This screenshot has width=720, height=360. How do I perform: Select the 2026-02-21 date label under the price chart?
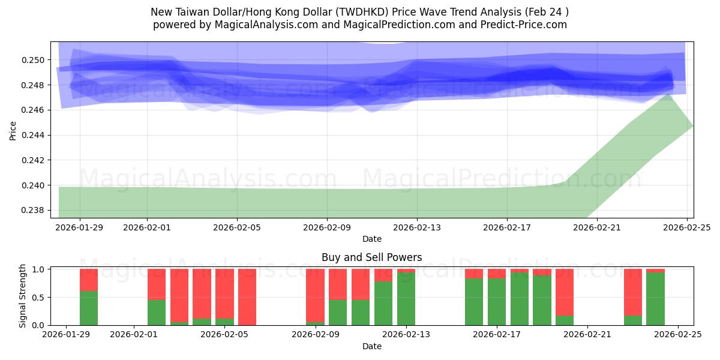coord(596,227)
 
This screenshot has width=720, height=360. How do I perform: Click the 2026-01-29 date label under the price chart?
coord(79,227)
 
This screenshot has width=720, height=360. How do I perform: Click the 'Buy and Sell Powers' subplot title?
coord(371,257)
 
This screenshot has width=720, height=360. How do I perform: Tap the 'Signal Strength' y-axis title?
coord(23,296)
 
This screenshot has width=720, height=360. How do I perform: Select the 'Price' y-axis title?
coord(13,130)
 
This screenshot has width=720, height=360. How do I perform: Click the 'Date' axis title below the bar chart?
coord(371,346)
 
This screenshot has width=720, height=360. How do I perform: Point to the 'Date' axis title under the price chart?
coord(371,239)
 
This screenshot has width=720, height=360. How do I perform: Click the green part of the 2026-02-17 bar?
coord(497,303)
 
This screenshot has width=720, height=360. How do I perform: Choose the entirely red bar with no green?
coord(247,297)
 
